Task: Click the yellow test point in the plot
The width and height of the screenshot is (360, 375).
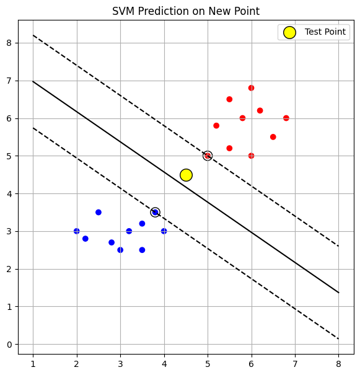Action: point(186,175)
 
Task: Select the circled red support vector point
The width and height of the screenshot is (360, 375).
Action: point(208,156)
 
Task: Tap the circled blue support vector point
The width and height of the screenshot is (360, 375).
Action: point(155,212)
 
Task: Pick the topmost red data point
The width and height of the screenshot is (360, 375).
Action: point(251,88)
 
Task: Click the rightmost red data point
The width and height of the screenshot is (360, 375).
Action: point(286,118)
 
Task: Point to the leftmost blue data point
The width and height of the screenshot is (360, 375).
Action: point(77,231)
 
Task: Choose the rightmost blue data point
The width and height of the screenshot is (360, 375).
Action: point(164,231)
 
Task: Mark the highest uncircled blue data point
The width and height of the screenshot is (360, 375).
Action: point(99,212)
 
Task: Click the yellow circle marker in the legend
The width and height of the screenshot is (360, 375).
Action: point(289,32)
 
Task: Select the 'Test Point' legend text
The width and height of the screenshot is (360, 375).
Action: point(325,32)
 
